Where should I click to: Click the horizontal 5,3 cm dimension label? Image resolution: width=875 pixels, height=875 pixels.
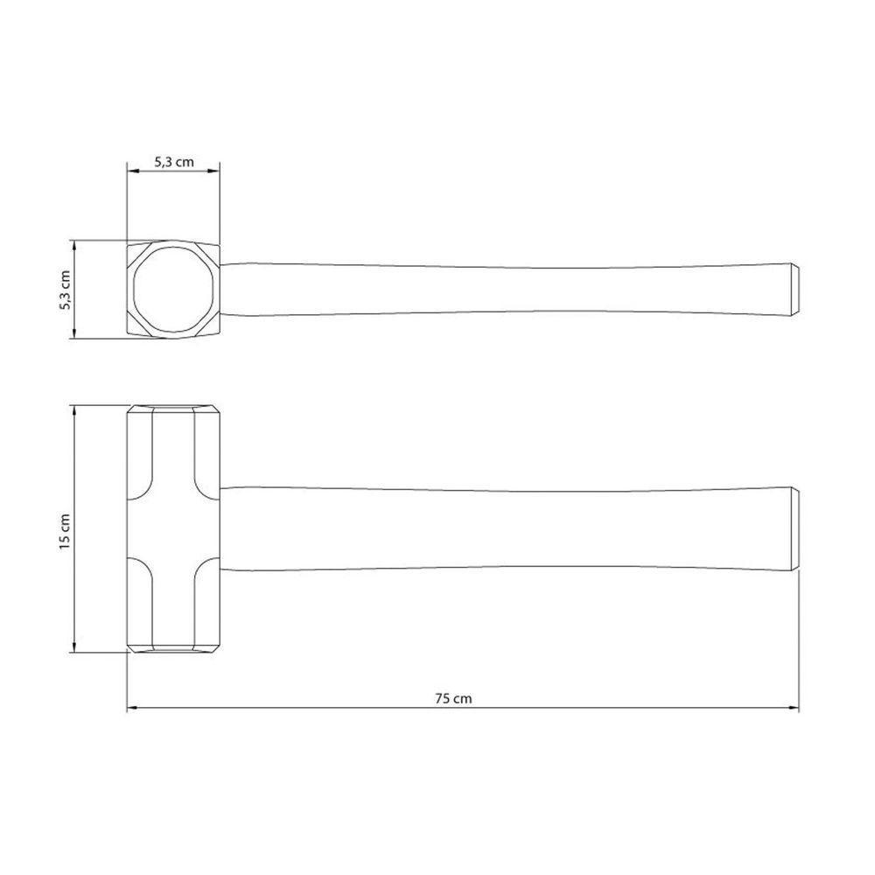click(174, 163)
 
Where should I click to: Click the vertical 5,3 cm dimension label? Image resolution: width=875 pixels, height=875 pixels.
click(66, 290)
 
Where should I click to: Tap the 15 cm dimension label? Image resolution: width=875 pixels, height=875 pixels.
click(65, 532)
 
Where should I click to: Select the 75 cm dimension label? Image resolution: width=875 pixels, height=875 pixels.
click(453, 698)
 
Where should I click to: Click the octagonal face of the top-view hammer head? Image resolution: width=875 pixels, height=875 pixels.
click(173, 290)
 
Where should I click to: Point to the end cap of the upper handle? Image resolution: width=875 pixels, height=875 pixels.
click(795, 290)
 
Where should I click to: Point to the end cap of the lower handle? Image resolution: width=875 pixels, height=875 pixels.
click(795, 529)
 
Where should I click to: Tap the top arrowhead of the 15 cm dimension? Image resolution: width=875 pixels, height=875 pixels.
click(73, 411)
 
